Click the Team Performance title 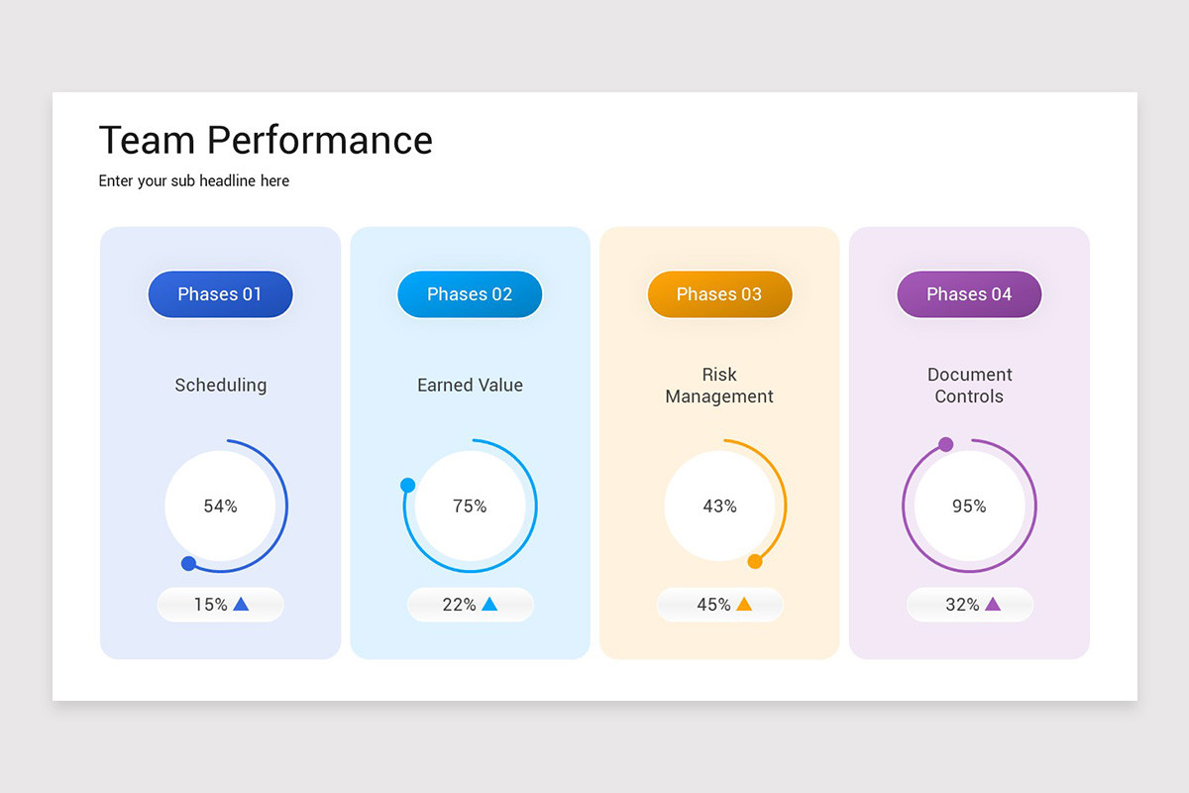coord(266,141)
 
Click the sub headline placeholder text coord(194,181)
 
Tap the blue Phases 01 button coord(220,294)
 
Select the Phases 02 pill coord(470,294)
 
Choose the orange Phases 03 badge coord(719,294)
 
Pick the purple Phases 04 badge coord(969,294)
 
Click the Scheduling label coord(220,386)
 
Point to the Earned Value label coord(470,386)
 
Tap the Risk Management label coord(719,386)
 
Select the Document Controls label coord(969,386)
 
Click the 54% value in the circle coord(220,507)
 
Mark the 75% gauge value coord(470,507)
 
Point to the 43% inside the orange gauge coord(719,507)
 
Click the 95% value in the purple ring coord(969,507)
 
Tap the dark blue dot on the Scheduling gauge coord(188,564)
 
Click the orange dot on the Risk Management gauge coord(755,562)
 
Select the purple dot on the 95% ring coord(946,444)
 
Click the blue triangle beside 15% coord(241,604)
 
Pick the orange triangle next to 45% coord(744,604)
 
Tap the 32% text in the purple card coord(962,605)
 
